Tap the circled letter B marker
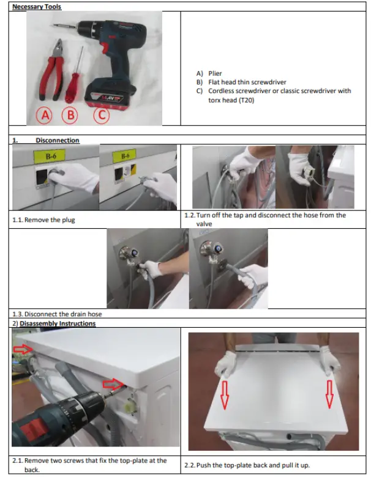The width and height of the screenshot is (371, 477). click(71, 114)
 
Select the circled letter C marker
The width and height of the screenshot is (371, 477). click(100, 114)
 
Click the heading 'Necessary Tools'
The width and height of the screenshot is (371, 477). click(38, 7)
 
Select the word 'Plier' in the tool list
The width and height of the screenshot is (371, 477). click(215, 73)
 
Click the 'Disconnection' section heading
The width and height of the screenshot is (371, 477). click(57, 141)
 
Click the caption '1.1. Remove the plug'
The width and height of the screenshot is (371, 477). click(43, 220)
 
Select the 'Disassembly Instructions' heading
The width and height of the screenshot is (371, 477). click(58, 324)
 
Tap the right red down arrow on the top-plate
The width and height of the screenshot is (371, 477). click(330, 394)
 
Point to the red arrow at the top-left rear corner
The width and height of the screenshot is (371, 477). click(23, 349)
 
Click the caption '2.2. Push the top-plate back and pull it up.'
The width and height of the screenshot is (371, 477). click(247, 465)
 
